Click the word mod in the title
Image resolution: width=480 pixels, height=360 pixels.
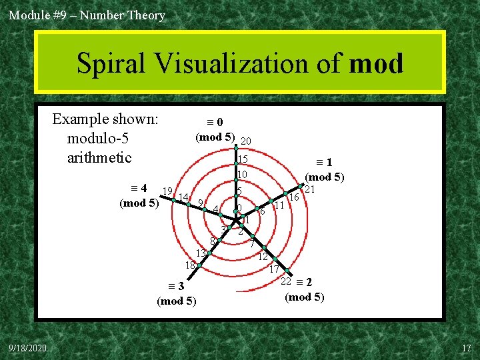[x=376, y=64]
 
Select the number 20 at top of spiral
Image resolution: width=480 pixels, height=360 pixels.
[x=245, y=141]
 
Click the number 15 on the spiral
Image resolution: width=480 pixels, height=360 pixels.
[x=243, y=159]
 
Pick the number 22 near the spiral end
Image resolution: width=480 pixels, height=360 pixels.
[x=285, y=281]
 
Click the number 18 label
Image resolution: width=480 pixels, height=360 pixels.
[x=190, y=265]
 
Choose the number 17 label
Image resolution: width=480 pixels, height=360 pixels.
[x=273, y=270]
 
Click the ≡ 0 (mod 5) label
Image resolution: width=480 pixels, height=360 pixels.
[x=215, y=129]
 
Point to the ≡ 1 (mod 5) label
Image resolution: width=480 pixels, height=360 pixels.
[x=324, y=169]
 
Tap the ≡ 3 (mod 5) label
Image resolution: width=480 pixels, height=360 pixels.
[x=176, y=294]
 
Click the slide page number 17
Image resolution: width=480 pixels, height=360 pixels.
[x=466, y=349]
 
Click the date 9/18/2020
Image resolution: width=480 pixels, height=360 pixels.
[x=27, y=349]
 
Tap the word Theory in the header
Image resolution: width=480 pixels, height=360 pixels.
[x=144, y=15]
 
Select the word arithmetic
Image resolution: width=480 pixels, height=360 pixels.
[x=99, y=158]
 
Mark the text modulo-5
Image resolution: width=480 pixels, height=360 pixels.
[x=97, y=139]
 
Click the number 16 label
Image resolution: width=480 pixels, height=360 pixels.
[x=293, y=198]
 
